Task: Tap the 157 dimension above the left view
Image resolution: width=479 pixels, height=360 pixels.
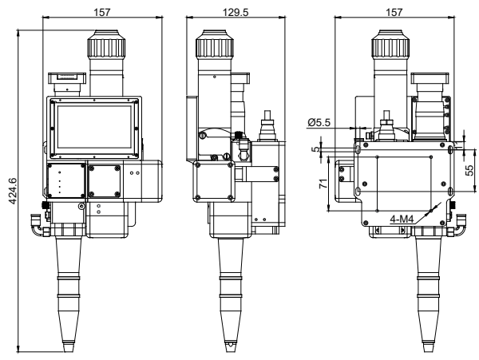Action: click(101, 12)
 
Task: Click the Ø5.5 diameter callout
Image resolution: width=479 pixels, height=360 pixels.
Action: click(317, 123)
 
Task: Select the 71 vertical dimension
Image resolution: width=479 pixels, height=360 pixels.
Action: click(319, 184)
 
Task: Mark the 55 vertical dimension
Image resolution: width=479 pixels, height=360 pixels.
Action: click(471, 169)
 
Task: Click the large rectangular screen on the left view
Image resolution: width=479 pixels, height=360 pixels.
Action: click(94, 128)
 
